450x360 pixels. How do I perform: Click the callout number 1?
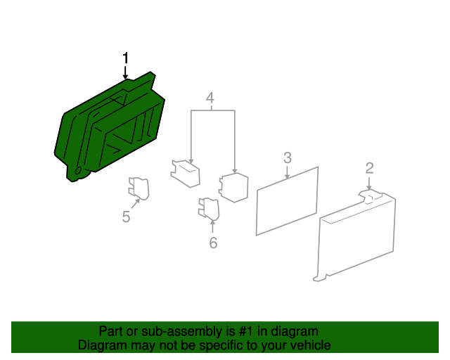(125, 58)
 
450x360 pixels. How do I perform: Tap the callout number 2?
(369, 168)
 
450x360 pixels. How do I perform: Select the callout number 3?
(288, 158)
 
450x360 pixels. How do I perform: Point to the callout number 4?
(210, 98)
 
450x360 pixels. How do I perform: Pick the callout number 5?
(126, 217)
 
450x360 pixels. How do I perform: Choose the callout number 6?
(213, 243)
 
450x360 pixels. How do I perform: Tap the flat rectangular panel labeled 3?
(287, 201)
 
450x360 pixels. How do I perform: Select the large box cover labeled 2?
(356, 236)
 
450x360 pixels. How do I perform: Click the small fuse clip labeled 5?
(139, 188)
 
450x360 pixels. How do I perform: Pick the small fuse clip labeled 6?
(209, 209)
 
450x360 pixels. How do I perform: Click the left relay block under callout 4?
(186, 174)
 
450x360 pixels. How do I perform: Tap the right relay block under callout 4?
(233, 188)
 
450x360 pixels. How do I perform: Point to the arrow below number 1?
(125, 72)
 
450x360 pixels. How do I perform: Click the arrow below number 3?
(288, 172)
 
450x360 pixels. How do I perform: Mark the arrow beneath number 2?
(369, 183)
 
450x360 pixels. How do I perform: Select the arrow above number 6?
(212, 226)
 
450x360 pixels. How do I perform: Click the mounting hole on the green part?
(78, 171)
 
